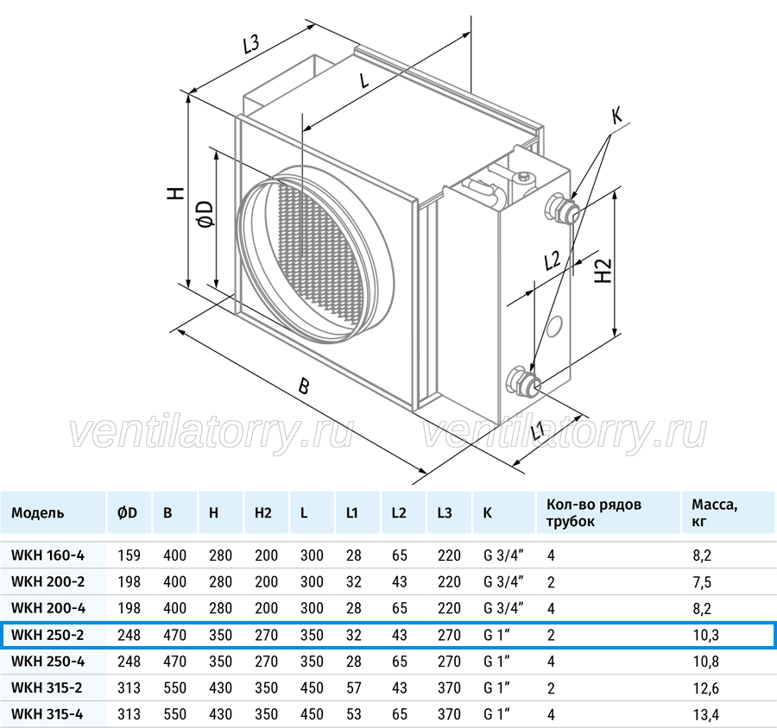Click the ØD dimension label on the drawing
pyautogui.click(x=205, y=214)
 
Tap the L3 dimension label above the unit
pyautogui.click(x=252, y=44)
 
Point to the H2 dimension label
pyautogui.click(x=603, y=271)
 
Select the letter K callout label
pyautogui.click(x=616, y=116)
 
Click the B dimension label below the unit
pyautogui.click(x=304, y=386)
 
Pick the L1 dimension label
pyautogui.click(x=537, y=430)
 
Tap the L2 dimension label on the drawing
pyautogui.click(x=552, y=260)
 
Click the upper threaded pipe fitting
pyautogui.click(x=562, y=210)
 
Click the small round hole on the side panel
pyautogui.click(x=553, y=326)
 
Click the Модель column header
pyautogui.click(x=38, y=512)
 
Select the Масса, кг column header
pyautogui.click(x=715, y=512)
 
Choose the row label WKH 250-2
pyautogui.click(x=47, y=634)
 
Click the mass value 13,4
pyautogui.click(x=705, y=714)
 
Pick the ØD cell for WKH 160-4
pyautogui.click(x=129, y=555)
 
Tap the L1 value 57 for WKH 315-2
pyautogui.click(x=354, y=687)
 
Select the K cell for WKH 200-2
pyautogui.click(x=503, y=581)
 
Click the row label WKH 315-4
pyautogui.click(x=47, y=714)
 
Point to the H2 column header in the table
pyautogui.click(x=263, y=512)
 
